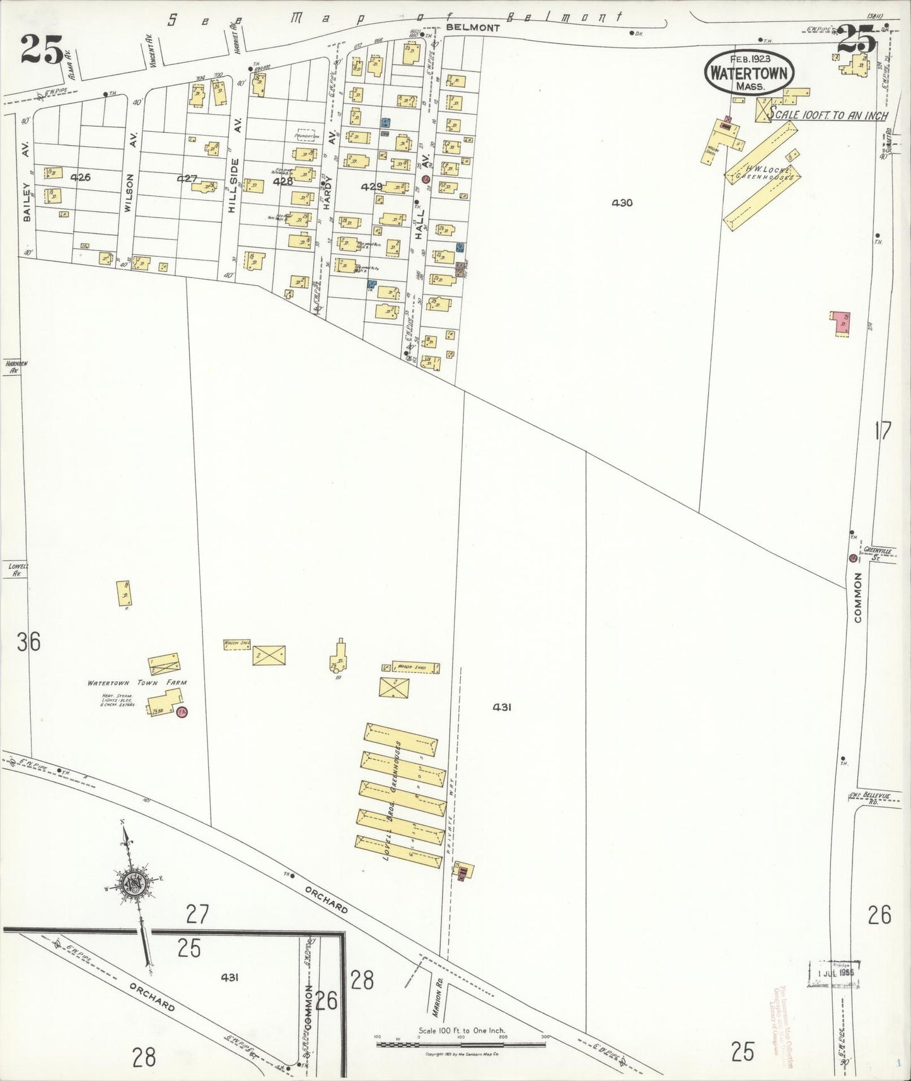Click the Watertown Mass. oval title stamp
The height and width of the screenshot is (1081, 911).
[x=749, y=71]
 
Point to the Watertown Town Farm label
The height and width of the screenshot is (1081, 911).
[x=137, y=682]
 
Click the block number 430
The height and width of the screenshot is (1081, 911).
[x=622, y=203]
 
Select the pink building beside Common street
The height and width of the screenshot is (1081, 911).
[x=840, y=322]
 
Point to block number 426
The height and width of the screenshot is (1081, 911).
[x=81, y=177]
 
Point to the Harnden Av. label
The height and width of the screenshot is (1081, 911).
[x=12, y=368]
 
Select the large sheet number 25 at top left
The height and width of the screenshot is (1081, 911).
[x=42, y=49]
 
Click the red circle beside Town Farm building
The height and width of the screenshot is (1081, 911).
[x=183, y=711]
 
